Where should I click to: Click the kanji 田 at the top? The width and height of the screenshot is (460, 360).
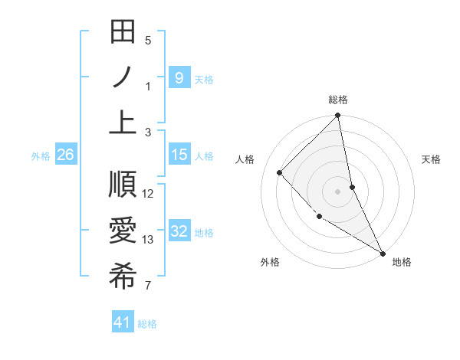click(123, 33)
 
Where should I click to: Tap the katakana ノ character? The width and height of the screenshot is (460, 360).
click(123, 77)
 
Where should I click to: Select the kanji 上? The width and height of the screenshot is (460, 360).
click(123, 121)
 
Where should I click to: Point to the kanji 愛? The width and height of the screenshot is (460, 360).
click(123, 232)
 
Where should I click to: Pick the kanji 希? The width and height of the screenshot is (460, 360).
click(123, 277)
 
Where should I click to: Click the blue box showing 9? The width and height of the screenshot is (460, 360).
click(179, 77)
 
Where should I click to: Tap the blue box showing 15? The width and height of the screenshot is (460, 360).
click(179, 155)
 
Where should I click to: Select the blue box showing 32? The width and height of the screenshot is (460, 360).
click(179, 232)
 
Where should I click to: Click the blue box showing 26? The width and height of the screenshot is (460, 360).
click(66, 155)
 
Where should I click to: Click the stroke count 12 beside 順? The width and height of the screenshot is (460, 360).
click(149, 194)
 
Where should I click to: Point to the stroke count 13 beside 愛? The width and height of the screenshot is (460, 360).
click(149, 240)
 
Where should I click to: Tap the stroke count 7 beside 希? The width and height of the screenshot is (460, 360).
click(148, 286)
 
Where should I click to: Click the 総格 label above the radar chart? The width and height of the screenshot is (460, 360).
click(338, 100)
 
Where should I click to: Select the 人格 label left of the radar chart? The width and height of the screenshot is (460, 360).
click(245, 159)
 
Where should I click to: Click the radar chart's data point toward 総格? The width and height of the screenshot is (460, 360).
click(338, 116)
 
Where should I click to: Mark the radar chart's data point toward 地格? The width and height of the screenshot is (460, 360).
click(383, 253)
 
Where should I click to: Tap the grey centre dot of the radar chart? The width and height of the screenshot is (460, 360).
click(338, 191)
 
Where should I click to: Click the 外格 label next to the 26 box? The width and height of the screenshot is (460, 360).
click(41, 155)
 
